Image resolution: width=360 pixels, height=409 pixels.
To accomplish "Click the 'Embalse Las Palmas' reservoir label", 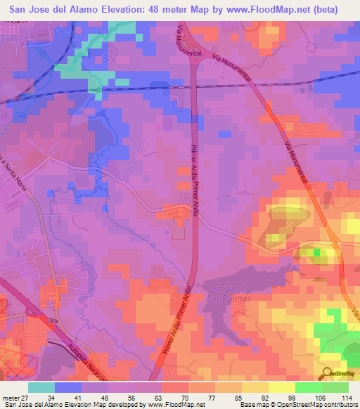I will point(229,293).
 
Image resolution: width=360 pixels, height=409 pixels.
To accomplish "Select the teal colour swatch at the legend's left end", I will point(41,387).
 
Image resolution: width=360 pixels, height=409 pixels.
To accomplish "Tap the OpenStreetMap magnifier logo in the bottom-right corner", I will point(327,372).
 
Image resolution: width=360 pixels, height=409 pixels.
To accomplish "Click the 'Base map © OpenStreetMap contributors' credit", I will point(296,405).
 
